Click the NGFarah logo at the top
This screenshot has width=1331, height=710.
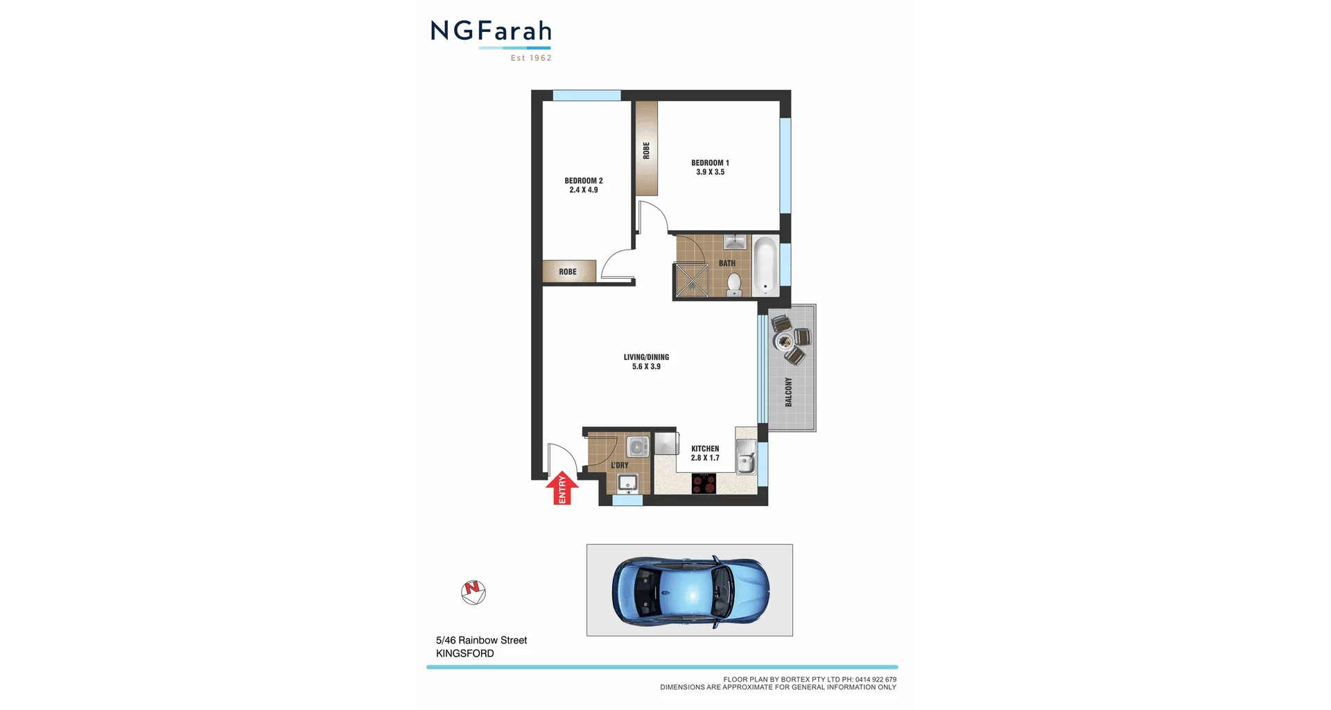tap(491, 39)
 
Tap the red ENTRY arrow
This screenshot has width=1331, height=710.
tap(562, 488)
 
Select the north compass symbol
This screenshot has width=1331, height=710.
tap(473, 592)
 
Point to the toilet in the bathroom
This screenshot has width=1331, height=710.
tap(733, 284)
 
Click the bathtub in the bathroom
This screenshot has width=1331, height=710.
tap(765, 266)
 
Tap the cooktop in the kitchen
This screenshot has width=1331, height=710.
tap(704, 483)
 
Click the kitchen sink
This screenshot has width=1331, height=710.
tap(746, 458)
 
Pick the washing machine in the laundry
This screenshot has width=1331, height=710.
tap(637, 446)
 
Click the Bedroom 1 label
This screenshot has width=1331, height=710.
tap(710, 163)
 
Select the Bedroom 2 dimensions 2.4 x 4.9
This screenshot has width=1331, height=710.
tap(584, 190)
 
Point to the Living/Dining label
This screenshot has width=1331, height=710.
tap(646, 357)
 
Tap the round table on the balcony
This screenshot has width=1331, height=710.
tap(785, 340)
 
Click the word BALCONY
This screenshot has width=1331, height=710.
tap(788, 392)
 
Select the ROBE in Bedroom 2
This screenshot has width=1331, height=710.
tap(568, 271)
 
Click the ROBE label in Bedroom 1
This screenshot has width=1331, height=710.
tap(646, 150)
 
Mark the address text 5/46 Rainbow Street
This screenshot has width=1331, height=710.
tap(481, 640)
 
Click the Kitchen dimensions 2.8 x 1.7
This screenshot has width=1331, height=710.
tap(705, 458)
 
